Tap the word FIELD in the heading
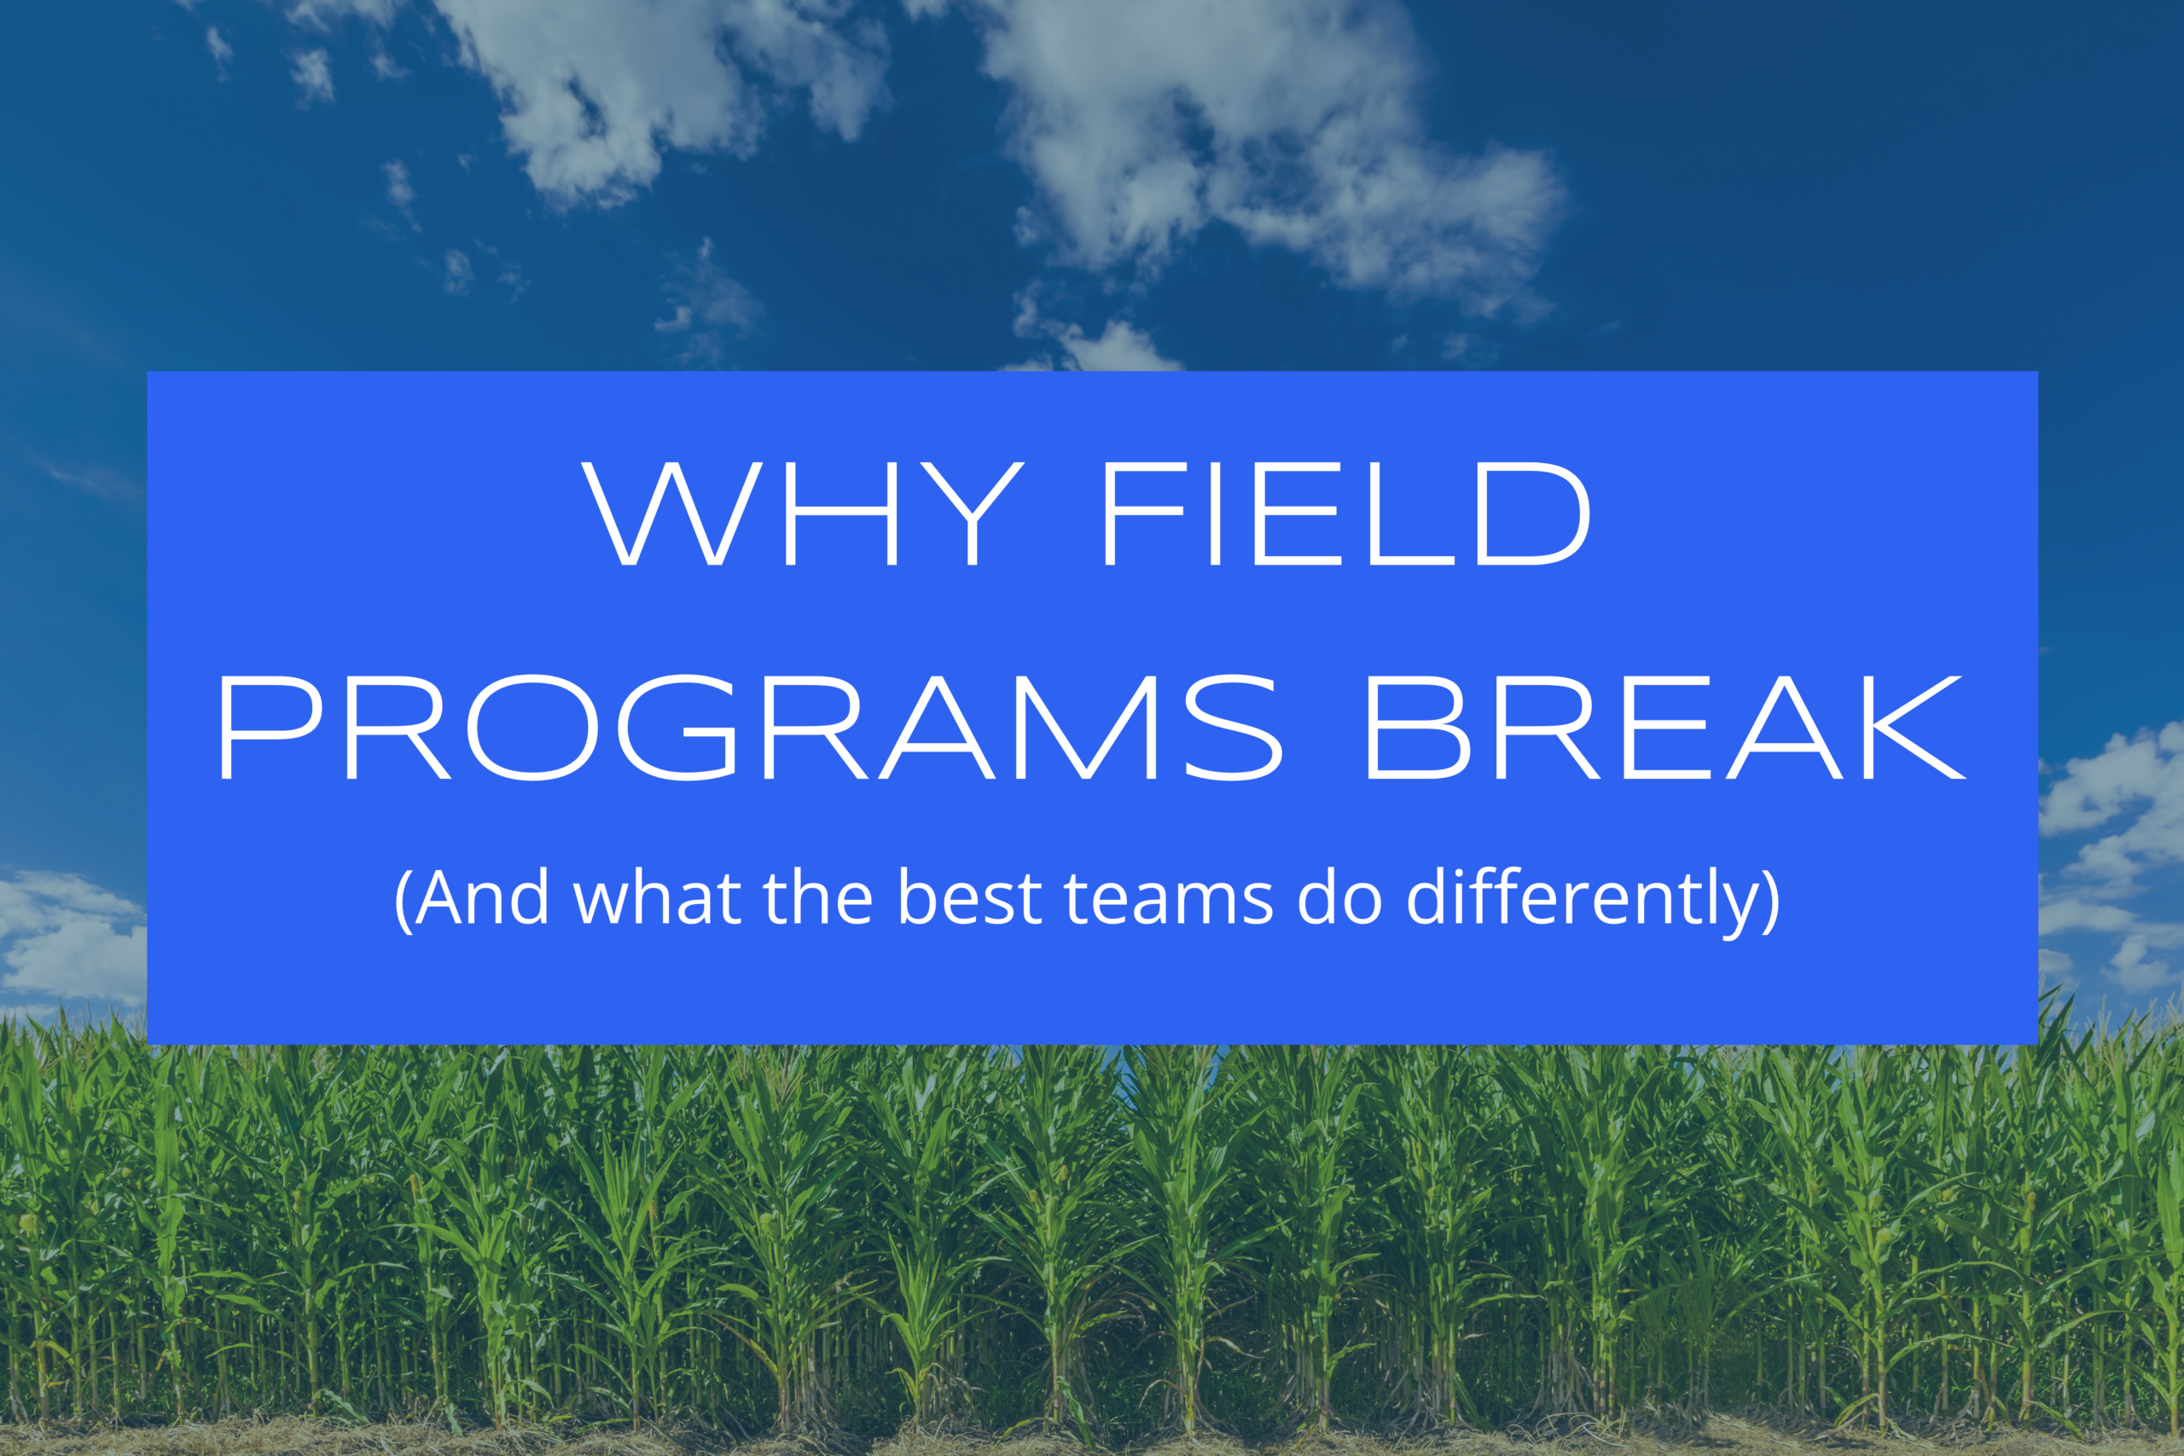tap(1347, 513)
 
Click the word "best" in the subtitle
tap(969, 897)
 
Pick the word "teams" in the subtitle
tap(1169, 899)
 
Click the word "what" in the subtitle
tap(658, 897)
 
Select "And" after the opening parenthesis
tap(482, 897)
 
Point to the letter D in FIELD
tap(1534, 513)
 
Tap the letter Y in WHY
tap(973, 513)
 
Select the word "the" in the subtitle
tap(818, 897)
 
